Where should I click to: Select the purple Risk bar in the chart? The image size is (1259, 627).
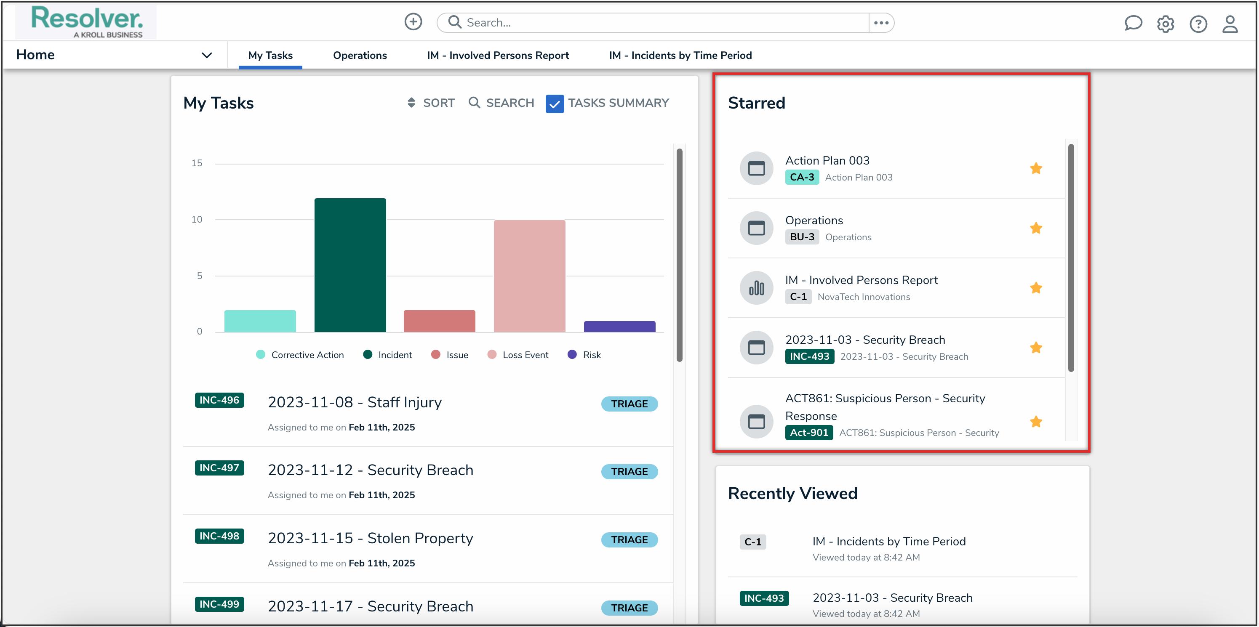pos(619,326)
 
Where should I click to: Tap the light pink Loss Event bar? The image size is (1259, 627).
pos(529,276)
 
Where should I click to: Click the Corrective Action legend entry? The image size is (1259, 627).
pos(300,355)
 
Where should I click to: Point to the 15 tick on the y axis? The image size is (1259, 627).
pos(197,163)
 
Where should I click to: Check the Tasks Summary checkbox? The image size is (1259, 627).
pos(554,104)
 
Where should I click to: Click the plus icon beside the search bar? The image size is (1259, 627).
pos(413,22)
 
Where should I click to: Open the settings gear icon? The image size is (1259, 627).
pos(1165,24)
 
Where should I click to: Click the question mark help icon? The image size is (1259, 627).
pos(1198,24)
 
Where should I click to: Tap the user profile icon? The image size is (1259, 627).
pos(1230,24)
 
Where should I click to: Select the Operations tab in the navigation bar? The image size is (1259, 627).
pos(360,55)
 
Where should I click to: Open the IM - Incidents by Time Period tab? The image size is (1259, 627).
pos(680,55)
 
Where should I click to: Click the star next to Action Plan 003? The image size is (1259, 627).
pos(1036,168)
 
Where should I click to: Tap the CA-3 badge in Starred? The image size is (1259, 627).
pos(802,177)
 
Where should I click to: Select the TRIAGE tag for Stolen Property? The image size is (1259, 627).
pos(629,539)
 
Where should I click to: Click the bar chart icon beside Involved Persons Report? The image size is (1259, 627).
pos(756,288)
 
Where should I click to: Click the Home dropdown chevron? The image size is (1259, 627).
pos(207,55)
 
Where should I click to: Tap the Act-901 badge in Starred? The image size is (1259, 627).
pos(808,433)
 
